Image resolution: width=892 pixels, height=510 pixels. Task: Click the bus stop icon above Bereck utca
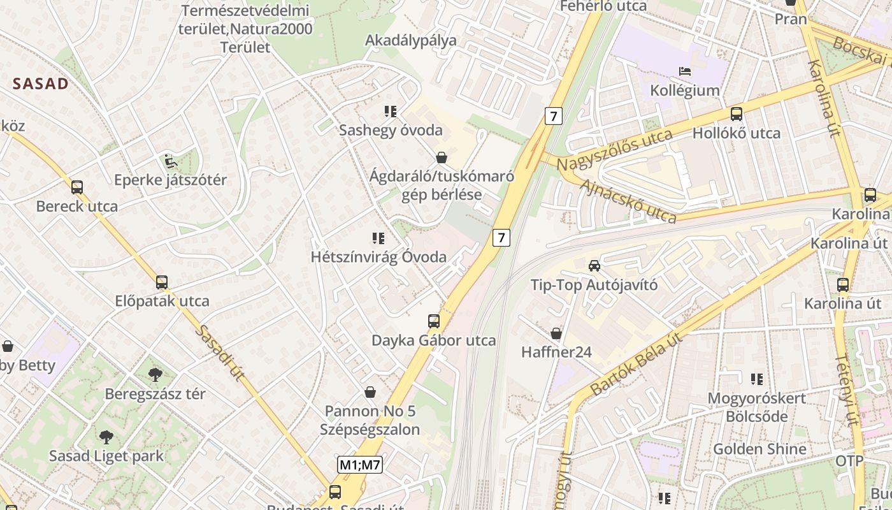pyautogui.click(x=77, y=187)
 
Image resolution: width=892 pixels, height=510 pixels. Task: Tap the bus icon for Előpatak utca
pyautogui.click(x=162, y=282)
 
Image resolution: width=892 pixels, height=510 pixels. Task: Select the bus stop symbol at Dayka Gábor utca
pyautogui.click(x=434, y=321)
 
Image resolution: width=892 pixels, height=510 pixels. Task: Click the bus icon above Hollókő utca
pyautogui.click(x=737, y=114)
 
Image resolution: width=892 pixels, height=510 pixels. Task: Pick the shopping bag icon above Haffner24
pyautogui.click(x=556, y=333)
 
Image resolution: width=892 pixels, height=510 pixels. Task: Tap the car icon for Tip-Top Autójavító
pyautogui.click(x=594, y=265)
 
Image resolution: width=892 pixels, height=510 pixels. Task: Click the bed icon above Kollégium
pyautogui.click(x=685, y=71)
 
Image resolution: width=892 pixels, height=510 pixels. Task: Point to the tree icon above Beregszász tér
pyautogui.click(x=155, y=374)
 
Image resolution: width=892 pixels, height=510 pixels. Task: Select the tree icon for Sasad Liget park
pyautogui.click(x=106, y=437)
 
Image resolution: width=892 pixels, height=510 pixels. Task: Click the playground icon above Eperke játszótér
pyautogui.click(x=169, y=161)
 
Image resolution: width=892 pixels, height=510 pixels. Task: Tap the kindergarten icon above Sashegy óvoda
pyautogui.click(x=391, y=112)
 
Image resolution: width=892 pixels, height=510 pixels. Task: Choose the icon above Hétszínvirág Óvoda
pyautogui.click(x=378, y=238)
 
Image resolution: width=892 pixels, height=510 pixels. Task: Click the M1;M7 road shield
pyautogui.click(x=359, y=465)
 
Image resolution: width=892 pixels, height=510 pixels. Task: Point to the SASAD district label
pyautogui.click(x=41, y=84)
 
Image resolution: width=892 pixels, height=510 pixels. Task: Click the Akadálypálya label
pyautogui.click(x=411, y=40)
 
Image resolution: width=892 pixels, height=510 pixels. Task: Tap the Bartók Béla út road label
pyautogui.click(x=636, y=363)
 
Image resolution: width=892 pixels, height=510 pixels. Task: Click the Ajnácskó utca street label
pyautogui.click(x=628, y=201)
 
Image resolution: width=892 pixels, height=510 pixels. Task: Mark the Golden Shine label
pyautogui.click(x=759, y=449)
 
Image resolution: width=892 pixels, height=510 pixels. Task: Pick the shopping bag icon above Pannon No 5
pyautogui.click(x=370, y=392)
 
